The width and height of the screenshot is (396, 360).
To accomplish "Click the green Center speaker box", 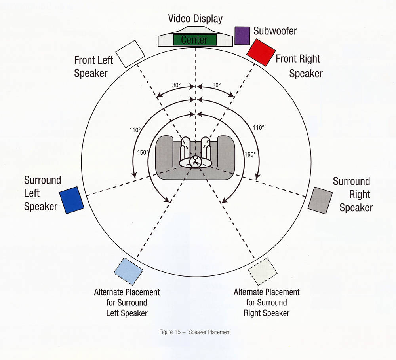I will click(x=195, y=40).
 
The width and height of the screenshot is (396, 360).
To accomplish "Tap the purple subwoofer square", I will click(x=242, y=35).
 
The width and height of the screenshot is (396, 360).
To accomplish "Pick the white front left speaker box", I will click(x=130, y=53).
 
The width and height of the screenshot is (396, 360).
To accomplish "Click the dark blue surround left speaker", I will click(x=72, y=200).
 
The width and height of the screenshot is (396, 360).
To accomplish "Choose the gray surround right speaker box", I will click(x=320, y=200).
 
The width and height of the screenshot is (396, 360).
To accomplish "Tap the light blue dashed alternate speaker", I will click(x=128, y=271).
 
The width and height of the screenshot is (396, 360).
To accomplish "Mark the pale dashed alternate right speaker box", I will click(x=263, y=271).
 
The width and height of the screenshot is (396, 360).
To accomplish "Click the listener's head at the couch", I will click(x=195, y=161).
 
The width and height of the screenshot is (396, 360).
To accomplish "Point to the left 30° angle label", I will click(x=177, y=85).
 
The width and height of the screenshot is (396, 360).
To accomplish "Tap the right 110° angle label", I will click(x=258, y=128).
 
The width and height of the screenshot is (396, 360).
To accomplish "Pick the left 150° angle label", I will click(x=143, y=152).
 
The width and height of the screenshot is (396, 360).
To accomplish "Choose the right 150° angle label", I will click(x=250, y=154).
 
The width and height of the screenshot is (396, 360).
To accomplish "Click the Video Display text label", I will click(x=195, y=19).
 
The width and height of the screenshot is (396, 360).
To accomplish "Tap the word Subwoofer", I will click(x=275, y=30).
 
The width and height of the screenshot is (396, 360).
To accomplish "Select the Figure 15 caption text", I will click(x=194, y=332).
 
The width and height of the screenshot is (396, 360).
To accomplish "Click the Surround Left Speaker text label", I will click(x=42, y=193).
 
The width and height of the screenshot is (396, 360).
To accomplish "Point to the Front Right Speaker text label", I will click(x=301, y=66).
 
